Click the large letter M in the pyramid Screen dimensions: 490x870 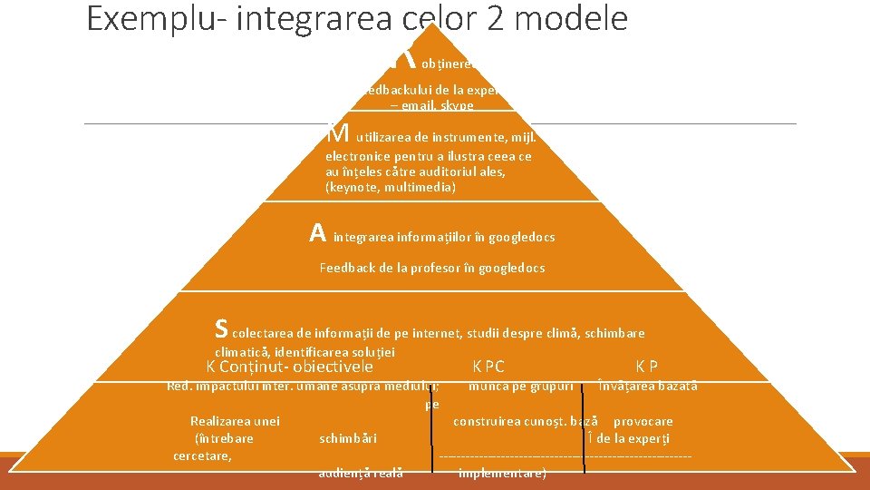point(337,133)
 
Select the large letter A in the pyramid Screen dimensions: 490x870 point(317,234)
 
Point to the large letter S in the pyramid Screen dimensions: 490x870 point(221,326)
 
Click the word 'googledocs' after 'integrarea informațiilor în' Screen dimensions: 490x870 point(521,237)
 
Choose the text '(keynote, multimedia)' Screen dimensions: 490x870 point(390,188)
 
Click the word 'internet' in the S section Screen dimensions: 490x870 point(435,333)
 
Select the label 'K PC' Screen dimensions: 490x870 point(488,367)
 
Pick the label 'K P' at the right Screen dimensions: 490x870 point(646,367)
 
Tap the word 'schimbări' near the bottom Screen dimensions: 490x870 point(348,439)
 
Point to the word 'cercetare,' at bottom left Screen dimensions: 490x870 point(202,456)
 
